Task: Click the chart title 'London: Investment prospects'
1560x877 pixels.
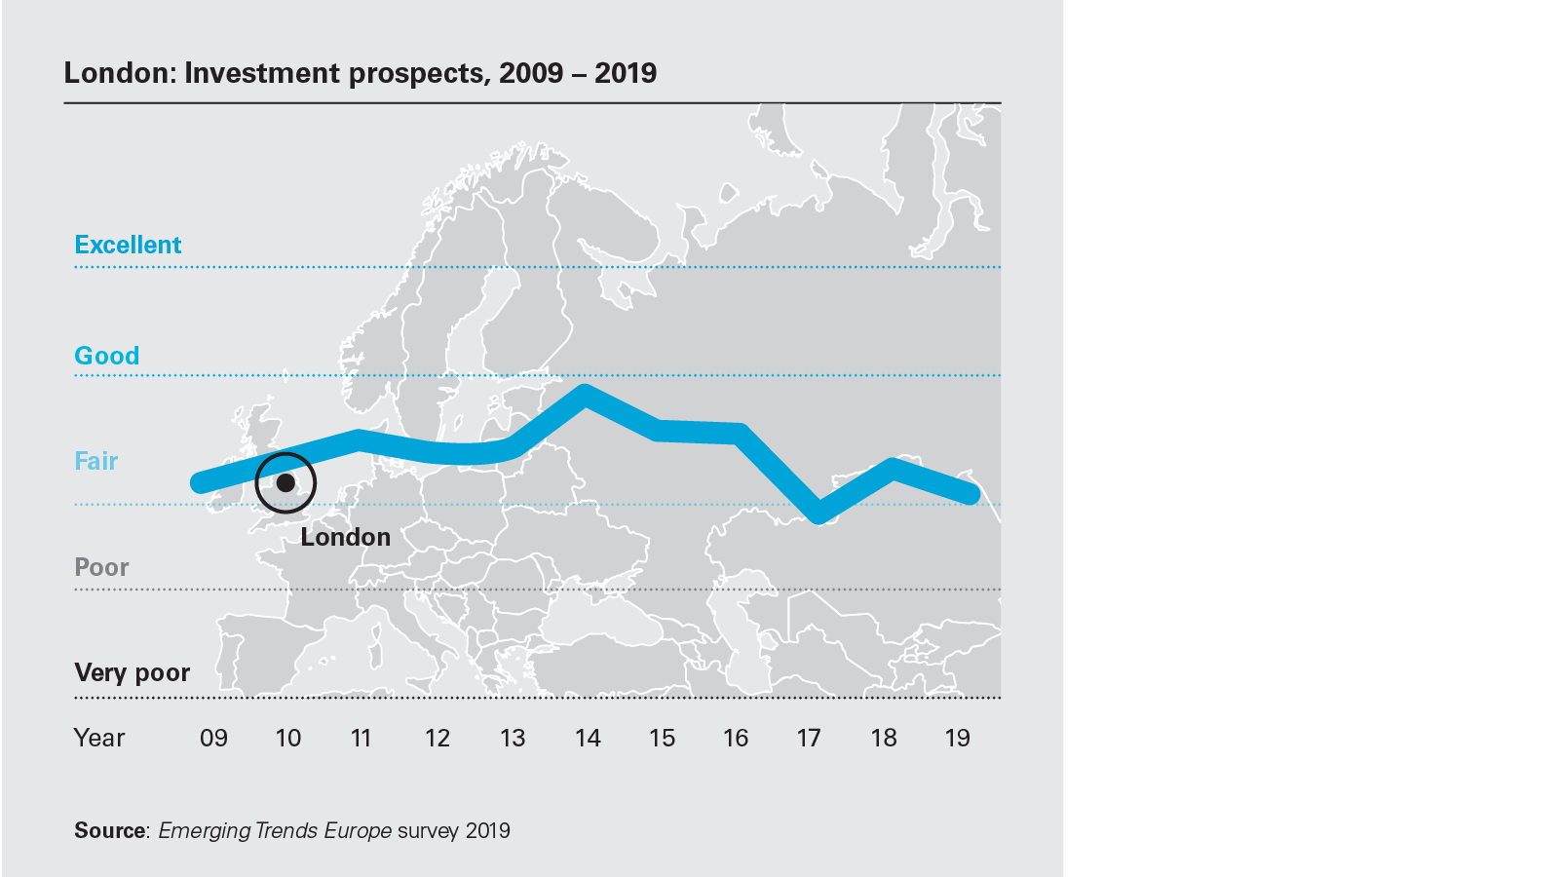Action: [360, 73]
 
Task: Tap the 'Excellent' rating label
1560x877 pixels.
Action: [128, 245]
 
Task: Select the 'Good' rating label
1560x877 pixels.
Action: [107, 356]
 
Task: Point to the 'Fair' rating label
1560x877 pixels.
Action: [96, 461]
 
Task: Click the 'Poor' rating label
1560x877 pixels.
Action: [101, 567]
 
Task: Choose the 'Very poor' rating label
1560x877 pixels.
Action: [132, 672]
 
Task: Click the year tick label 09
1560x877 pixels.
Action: [213, 738]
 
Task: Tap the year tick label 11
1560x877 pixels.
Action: [361, 738]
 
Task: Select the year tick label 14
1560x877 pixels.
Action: [588, 738]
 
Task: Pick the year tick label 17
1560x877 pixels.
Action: [809, 738]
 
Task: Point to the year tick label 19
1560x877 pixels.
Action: [958, 738]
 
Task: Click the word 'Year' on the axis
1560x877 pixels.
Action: [99, 738]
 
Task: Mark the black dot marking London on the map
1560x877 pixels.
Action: [285, 482]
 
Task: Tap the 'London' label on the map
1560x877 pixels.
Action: [345, 537]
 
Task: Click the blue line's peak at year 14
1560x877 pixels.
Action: [585, 394]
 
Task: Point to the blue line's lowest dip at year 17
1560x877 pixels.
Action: [818, 514]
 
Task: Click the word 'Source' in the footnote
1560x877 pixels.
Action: [109, 830]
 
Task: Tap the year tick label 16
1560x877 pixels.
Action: [736, 738]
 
